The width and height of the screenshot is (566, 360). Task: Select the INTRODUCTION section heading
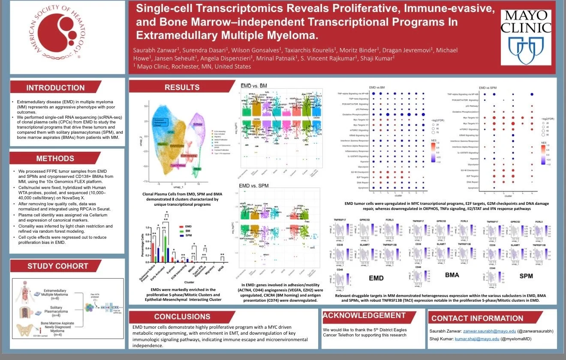56,88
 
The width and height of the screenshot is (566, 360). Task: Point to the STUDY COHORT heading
57,266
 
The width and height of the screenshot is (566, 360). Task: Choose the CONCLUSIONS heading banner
182,317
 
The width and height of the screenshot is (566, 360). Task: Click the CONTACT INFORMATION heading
477,318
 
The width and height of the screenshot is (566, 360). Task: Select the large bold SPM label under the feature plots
526,276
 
